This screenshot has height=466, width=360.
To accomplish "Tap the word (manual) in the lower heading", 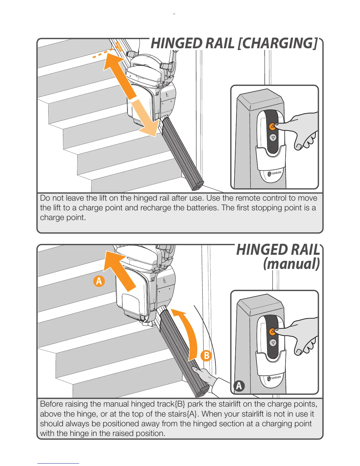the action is click(291, 264).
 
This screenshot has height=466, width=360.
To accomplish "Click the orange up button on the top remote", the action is click(272, 126).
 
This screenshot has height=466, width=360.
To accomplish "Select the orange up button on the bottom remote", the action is click(272, 331).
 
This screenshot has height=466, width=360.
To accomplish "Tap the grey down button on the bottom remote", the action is click(273, 343).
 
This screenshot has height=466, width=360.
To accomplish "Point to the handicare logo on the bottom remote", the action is click(274, 378).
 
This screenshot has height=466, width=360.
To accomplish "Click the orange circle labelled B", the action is click(206, 355).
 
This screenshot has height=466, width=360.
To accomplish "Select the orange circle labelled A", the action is click(99, 281).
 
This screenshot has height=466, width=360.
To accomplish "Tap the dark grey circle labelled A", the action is click(239, 386).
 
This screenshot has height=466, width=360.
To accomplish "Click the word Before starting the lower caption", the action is click(51, 404).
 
